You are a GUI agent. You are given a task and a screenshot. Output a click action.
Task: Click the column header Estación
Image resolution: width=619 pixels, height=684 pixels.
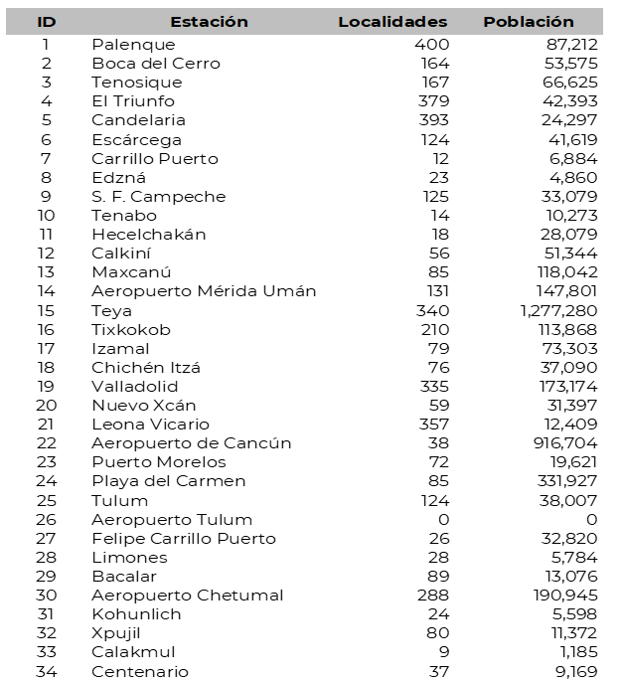pos(209,22)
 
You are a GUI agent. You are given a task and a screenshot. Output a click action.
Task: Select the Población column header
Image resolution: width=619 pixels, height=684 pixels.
pos(529,22)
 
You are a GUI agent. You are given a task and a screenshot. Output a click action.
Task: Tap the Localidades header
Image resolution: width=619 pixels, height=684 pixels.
pos(392,22)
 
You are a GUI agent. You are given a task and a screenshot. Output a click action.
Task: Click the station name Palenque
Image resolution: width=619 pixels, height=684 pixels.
pos(133,45)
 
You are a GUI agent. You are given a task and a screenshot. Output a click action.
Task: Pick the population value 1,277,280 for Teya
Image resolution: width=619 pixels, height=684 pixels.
pos(542,311)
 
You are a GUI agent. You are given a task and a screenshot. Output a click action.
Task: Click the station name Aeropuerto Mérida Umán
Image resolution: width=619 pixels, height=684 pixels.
pos(204,291)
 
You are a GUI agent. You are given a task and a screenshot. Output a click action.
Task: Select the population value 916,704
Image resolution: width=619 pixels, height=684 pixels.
pos(551,443)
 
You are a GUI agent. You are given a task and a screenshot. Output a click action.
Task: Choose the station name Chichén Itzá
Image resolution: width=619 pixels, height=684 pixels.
pos(146,368)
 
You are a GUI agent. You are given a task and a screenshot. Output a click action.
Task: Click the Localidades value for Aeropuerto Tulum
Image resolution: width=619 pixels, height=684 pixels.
pos(443,520)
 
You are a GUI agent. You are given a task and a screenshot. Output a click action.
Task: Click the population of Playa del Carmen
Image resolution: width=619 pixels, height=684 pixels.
pos(551,482)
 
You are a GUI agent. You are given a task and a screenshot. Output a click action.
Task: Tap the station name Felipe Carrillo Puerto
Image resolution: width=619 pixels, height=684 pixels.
pos(184,539)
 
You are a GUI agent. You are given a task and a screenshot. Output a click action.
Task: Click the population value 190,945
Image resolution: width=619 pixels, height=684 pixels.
pos(551,596)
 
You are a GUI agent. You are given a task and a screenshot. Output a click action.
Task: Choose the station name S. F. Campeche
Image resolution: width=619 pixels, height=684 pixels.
pos(159,197)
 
